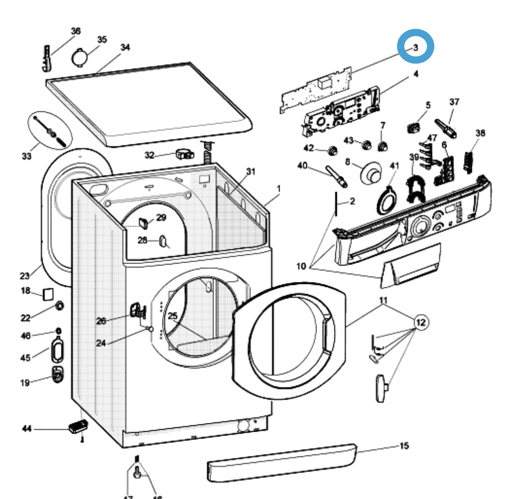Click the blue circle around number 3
tap(416, 47)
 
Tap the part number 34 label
tap(125, 47)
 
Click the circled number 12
tap(421, 322)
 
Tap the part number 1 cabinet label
tap(278, 187)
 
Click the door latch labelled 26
tap(137, 310)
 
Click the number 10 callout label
tap(301, 266)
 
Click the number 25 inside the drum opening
tap(173, 316)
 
